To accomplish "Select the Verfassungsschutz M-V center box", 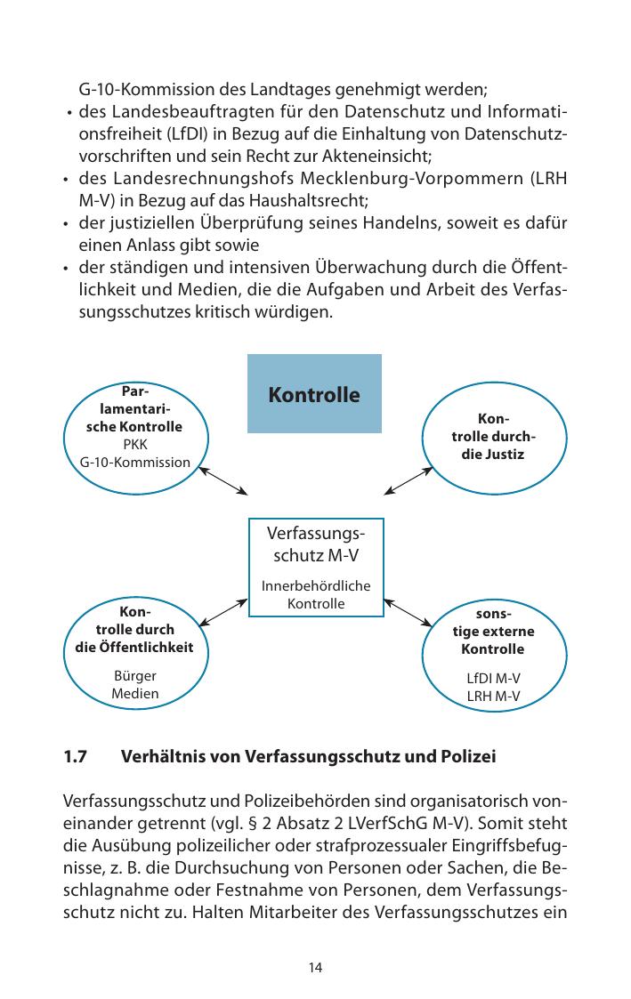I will click(315, 567).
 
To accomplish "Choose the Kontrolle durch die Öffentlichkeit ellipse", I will click(134, 653).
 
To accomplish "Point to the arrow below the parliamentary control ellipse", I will click(223, 481).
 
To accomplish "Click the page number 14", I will click(315, 967).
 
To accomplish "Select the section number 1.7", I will click(76, 758).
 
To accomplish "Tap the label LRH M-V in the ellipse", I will click(493, 695).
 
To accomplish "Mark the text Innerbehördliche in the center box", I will click(315, 586).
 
